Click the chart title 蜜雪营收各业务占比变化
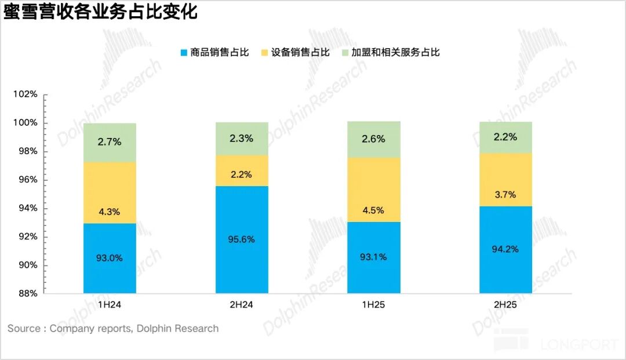pos(100,13)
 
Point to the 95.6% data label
pos(242,239)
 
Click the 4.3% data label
pos(110,212)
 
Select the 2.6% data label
pos(374,139)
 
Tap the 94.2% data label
pos(505,249)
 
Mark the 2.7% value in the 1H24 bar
pos(110,141)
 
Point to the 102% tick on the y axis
pos(26,94)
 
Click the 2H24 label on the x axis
pos(242,304)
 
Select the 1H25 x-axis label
pos(374,304)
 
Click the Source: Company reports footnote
pos(113,329)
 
